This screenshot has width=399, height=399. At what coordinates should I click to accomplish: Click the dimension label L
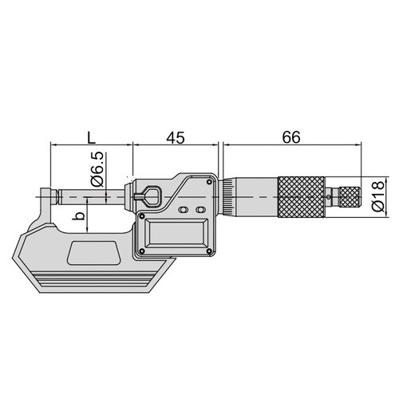[x=92, y=137]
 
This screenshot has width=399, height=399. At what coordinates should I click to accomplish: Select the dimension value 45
[x=176, y=137]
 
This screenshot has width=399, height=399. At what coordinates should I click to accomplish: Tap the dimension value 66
[x=291, y=137]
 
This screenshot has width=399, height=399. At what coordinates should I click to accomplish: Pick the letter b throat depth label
[x=79, y=215]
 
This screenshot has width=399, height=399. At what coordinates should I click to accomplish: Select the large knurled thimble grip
[x=301, y=197]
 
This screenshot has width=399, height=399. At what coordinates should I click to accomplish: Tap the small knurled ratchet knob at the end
[x=350, y=197]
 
